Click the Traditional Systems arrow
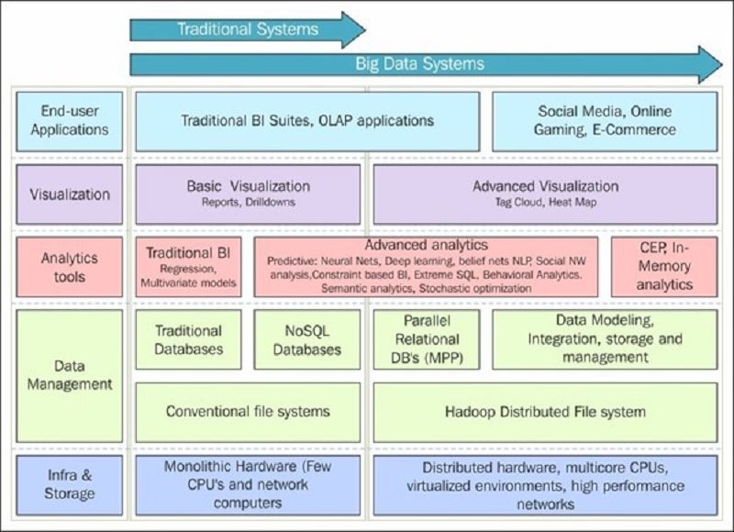(x=248, y=30)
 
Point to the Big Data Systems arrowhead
(x=710, y=64)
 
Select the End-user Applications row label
(x=70, y=121)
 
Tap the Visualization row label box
(x=70, y=194)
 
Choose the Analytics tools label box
(x=70, y=267)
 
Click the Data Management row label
(x=70, y=376)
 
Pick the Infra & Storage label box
(x=70, y=485)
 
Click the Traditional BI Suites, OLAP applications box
(x=307, y=121)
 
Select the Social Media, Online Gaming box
(x=605, y=121)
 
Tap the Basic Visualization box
(x=248, y=194)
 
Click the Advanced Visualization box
(x=545, y=194)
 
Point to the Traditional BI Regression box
(x=189, y=267)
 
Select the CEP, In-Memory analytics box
(x=664, y=267)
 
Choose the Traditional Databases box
(x=189, y=339)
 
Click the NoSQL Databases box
(x=307, y=339)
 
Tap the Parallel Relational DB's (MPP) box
(x=427, y=339)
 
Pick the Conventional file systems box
(x=248, y=412)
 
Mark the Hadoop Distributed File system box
(x=545, y=412)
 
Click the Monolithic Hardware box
(x=248, y=485)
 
